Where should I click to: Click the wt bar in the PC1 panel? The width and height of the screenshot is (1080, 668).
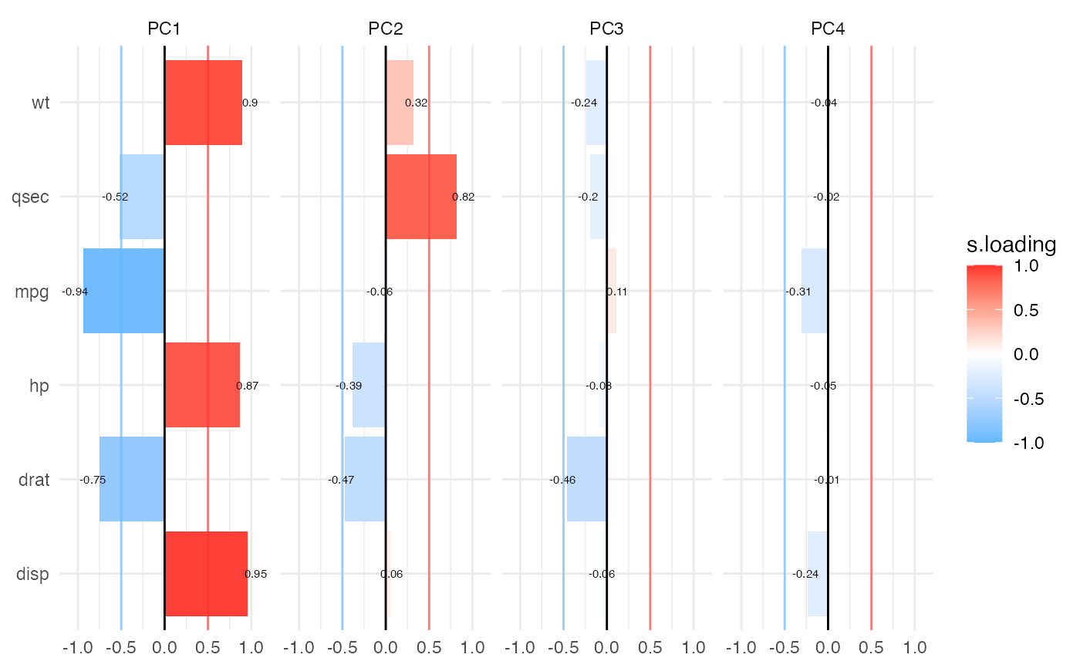tap(203, 103)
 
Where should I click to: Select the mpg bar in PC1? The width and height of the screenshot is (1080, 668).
tap(123, 291)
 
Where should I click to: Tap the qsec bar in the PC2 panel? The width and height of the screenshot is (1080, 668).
tap(420, 197)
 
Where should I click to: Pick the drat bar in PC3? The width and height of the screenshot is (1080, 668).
tap(587, 479)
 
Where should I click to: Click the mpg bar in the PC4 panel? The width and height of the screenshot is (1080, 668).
tap(815, 291)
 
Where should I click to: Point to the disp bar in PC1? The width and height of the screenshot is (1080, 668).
tap(206, 573)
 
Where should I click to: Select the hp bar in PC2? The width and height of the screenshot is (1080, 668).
tap(369, 385)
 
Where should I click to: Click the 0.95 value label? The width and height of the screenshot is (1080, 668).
tap(255, 574)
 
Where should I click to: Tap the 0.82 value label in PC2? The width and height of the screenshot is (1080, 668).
tap(463, 197)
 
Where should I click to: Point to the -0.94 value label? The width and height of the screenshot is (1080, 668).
tap(73, 292)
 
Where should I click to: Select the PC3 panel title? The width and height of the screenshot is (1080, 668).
tap(606, 29)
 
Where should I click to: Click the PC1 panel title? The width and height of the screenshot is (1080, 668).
tap(164, 29)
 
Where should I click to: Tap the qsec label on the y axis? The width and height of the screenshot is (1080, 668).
tap(31, 197)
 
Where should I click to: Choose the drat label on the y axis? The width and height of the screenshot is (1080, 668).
tap(32, 479)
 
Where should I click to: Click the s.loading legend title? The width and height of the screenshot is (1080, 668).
tap(1011, 245)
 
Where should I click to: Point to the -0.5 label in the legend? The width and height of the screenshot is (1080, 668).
tap(1026, 399)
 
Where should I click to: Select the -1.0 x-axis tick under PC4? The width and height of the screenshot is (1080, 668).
tap(741, 646)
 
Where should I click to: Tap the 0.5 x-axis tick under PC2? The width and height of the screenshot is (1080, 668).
tap(429, 646)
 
